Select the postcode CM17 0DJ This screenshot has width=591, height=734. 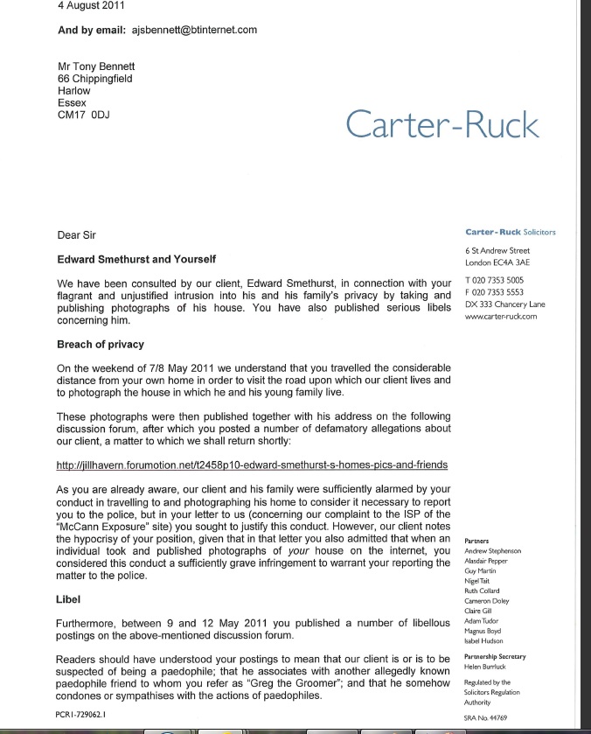coord(83,115)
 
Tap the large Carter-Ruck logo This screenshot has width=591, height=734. coord(442,125)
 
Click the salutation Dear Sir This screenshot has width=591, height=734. coord(76,235)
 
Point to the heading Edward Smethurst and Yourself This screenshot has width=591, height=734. coord(136,260)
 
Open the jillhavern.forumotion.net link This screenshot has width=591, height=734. coord(252,465)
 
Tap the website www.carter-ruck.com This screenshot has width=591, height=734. coord(501,317)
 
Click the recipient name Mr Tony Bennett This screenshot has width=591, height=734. coord(96,66)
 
